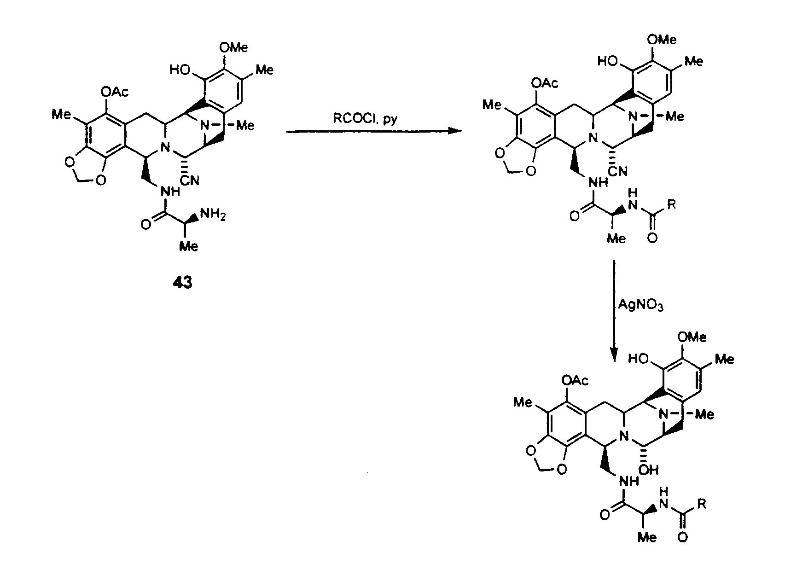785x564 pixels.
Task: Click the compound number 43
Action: tap(182, 282)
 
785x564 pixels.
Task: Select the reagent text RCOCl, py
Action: tap(365, 119)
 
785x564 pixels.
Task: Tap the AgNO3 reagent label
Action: tap(640, 304)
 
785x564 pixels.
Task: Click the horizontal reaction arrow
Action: tap(374, 131)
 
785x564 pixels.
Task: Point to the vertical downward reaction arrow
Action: tap(614, 311)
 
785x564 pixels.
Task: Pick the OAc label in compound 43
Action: tap(115, 92)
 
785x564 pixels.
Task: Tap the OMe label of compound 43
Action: tap(233, 47)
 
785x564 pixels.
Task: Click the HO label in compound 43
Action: tap(180, 70)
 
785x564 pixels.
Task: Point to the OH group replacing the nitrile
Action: tap(649, 470)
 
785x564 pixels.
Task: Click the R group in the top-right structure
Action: tap(671, 204)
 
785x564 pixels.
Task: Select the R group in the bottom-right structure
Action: tap(702, 504)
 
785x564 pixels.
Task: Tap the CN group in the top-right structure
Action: tap(617, 171)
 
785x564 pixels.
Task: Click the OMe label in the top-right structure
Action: tap(662, 39)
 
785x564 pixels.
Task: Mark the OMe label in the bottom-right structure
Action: tap(692, 337)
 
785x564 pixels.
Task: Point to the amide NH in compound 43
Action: tap(170, 192)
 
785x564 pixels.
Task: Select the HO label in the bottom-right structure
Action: tap(638, 359)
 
